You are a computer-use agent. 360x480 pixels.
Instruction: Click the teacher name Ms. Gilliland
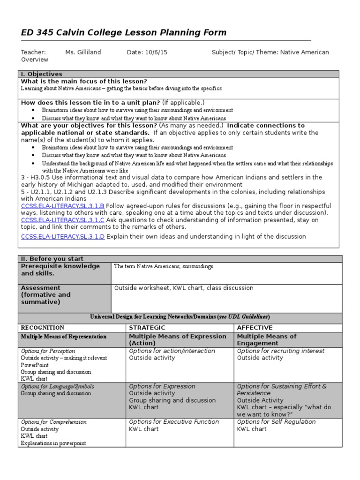click(x=83, y=52)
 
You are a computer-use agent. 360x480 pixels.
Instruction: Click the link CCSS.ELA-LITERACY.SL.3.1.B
click(x=63, y=206)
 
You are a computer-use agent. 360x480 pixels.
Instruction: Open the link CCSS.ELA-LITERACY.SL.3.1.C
click(x=63, y=219)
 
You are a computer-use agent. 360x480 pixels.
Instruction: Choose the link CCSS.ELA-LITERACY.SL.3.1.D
click(x=63, y=236)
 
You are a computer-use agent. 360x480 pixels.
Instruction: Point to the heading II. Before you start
click(x=52, y=259)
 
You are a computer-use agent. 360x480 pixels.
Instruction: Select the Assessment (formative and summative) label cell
click(x=65, y=295)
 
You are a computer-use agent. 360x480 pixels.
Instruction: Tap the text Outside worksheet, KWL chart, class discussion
click(x=184, y=288)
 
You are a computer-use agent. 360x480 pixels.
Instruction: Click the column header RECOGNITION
click(x=43, y=328)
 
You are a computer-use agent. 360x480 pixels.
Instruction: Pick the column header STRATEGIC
click(x=147, y=328)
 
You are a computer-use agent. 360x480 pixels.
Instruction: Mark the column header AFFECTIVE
click(x=255, y=328)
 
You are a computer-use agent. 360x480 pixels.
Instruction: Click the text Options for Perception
click(x=48, y=351)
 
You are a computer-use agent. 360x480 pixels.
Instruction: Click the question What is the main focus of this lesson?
click(x=84, y=81)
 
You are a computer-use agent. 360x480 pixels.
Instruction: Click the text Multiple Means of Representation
click(x=64, y=337)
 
